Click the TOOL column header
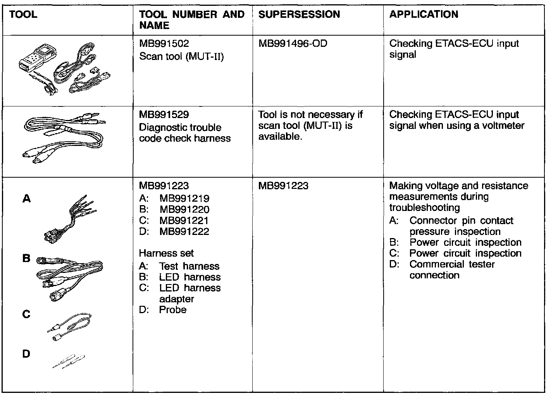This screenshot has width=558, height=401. click(x=23, y=15)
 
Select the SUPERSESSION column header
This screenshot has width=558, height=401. click(x=299, y=15)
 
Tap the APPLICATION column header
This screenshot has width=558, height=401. click(x=424, y=15)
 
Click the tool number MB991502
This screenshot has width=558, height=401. click(x=164, y=44)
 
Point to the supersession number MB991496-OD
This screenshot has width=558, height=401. click(x=293, y=43)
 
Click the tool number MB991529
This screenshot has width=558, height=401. click(x=164, y=115)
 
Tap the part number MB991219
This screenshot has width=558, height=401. click(x=184, y=199)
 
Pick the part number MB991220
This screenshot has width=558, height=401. click(x=184, y=209)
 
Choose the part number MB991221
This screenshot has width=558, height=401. click(x=184, y=220)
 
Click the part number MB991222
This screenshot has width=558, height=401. click(x=184, y=231)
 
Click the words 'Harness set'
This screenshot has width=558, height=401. click(x=166, y=253)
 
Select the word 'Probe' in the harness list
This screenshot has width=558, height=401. click(x=173, y=310)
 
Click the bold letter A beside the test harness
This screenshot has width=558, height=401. click(x=26, y=199)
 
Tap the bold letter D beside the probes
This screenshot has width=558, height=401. click(x=26, y=354)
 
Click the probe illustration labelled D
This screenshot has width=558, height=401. click(x=69, y=361)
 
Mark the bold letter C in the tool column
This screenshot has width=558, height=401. click(x=26, y=314)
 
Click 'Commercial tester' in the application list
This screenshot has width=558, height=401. click(x=452, y=264)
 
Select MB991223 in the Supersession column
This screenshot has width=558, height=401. click(x=283, y=186)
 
